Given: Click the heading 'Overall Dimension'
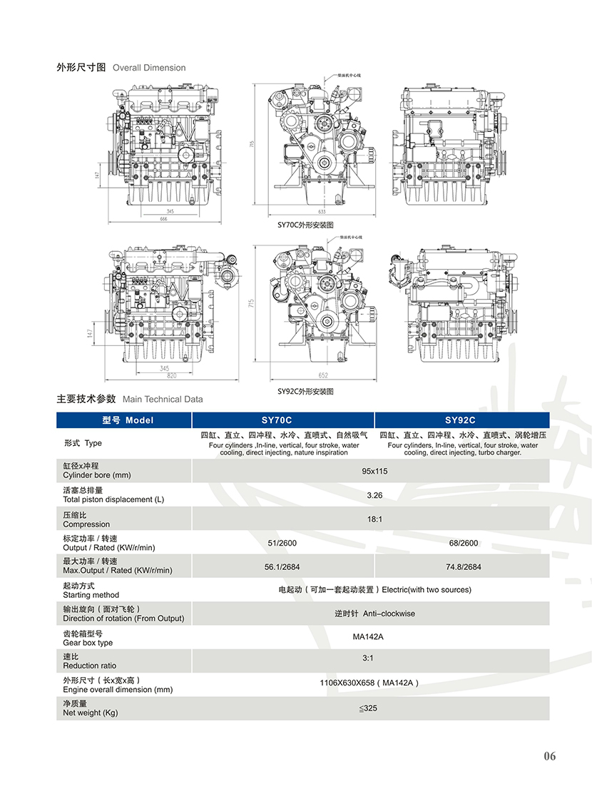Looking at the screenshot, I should coord(149,68).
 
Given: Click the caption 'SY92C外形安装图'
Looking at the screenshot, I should coord(305,392).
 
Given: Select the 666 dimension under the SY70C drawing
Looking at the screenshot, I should coord(163,220).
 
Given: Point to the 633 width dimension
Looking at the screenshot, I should coord(321,212).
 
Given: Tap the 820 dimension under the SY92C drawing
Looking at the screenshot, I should coord(170,375).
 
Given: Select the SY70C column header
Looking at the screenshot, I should coord(282,420).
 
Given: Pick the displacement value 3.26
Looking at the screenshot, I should coord(374,495).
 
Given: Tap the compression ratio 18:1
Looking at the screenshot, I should coord(374,519).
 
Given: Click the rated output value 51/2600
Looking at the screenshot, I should coord(282,544).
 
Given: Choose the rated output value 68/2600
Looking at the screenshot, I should coord(463,544).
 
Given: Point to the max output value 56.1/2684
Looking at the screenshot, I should coord(282,568).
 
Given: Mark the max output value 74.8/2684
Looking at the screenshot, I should coord(463,568).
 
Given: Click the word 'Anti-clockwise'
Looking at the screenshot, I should coord(389,614).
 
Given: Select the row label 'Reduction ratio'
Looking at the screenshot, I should coord(89,666).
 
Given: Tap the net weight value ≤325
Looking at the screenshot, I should coord(368,708).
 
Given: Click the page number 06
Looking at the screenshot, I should coord(548,756).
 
